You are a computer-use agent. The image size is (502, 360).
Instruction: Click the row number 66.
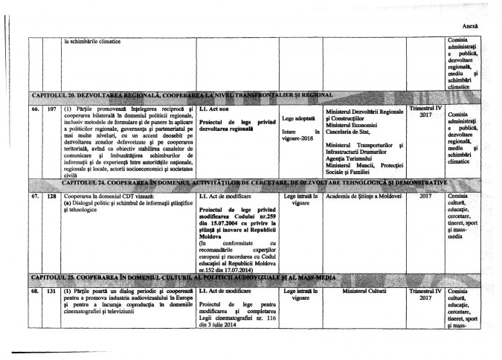pos(34,109)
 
